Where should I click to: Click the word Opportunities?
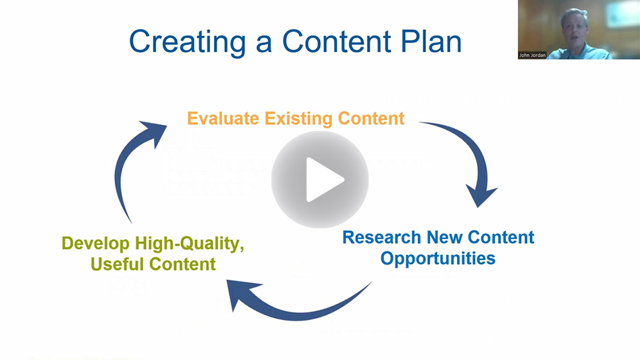(437, 258)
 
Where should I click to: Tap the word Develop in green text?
(95, 243)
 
